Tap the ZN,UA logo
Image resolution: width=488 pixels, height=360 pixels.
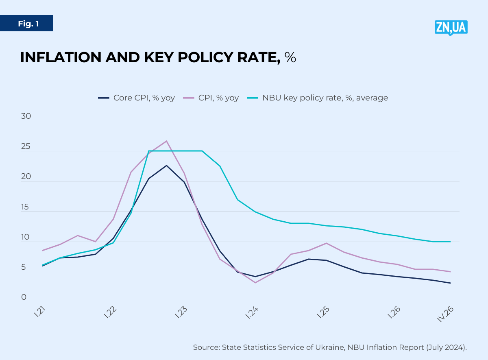[x=451, y=27]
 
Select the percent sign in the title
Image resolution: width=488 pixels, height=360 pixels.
[x=290, y=58]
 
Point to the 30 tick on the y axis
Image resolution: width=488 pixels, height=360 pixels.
[x=26, y=116]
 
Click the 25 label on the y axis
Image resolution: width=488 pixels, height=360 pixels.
[x=26, y=146]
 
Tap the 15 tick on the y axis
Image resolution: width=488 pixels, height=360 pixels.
[x=26, y=207]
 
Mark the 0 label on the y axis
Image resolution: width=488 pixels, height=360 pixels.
[x=24, y=297]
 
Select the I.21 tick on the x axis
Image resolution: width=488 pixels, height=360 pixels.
[x=39, y=313]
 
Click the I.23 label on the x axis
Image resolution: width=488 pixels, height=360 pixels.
[x=181, y=313]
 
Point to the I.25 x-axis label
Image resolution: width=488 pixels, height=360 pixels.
[x=323, y=313]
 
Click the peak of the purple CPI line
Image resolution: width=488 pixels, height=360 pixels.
[x=166, y=141]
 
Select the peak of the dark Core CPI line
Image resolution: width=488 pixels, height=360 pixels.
[x=166, y=165]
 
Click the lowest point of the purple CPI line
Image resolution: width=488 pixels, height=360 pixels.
[x=255, y=282]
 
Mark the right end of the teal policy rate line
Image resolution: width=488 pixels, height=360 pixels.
[x=450, y=242]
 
